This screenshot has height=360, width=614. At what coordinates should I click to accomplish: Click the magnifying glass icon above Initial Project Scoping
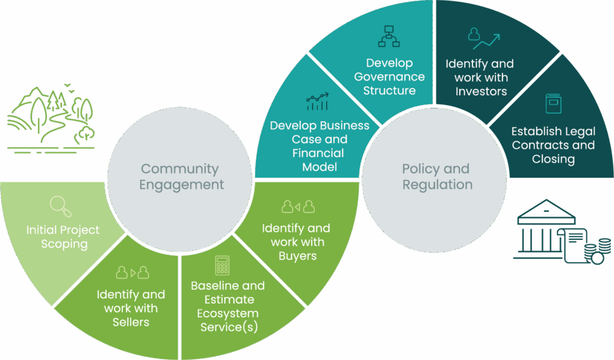pos(61,206)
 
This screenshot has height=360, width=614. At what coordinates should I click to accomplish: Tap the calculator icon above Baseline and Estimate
pos(222,265)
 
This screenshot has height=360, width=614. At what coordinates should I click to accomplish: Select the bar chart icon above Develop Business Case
pos(317,102)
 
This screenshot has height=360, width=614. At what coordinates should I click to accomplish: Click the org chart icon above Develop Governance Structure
pos(389,37)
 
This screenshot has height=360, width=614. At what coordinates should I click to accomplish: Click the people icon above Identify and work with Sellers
pos(131,273)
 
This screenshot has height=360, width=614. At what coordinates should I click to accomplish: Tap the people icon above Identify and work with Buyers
pos(298,208)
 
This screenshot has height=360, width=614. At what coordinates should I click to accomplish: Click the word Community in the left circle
pos(180,169)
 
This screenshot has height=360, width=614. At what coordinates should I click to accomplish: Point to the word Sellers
pos(131,322)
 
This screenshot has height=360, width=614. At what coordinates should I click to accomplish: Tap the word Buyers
pos(297,256)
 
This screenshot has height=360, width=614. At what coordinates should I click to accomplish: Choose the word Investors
pos(481,92)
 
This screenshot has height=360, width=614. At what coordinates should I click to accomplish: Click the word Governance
pos(389,77)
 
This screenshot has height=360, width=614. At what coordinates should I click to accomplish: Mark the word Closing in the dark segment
pos(553,159)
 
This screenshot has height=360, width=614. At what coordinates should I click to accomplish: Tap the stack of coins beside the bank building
pos(600,251)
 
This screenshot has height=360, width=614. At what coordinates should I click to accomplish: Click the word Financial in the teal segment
pos(318,153)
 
